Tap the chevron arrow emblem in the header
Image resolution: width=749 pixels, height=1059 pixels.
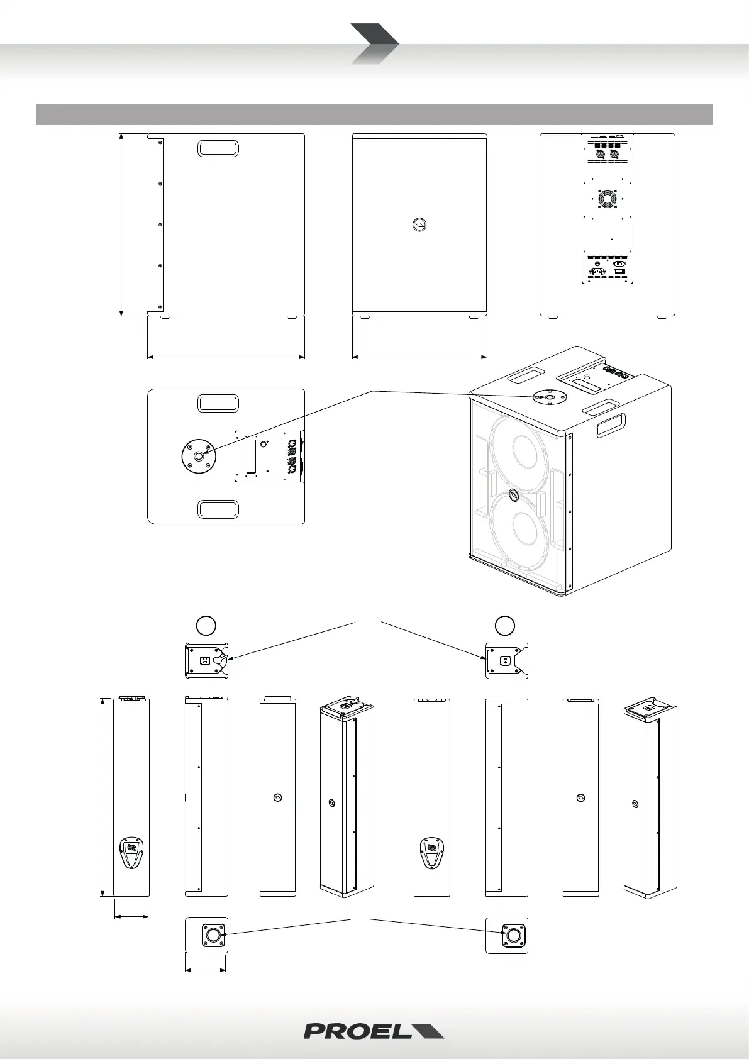[374, 43]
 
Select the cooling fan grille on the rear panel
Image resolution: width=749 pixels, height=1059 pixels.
[607, 200]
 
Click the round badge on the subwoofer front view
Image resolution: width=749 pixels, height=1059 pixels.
[419, 225]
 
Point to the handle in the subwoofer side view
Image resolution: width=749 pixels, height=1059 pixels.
[218, 148]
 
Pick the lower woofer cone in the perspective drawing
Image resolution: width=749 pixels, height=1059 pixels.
[521, 528]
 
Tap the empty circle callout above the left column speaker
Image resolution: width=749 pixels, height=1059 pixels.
[206, 624]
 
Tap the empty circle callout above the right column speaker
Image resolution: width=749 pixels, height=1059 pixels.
[505, 624]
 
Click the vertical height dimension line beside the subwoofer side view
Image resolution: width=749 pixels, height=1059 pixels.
[121, 225]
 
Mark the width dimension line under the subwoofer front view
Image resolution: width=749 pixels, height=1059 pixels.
[419, 357]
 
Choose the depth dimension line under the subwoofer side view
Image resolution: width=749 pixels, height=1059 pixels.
[226, 357]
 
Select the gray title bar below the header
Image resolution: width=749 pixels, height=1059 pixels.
[374, 114]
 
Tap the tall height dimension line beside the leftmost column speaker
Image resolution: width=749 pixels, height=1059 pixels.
[103, 797]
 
